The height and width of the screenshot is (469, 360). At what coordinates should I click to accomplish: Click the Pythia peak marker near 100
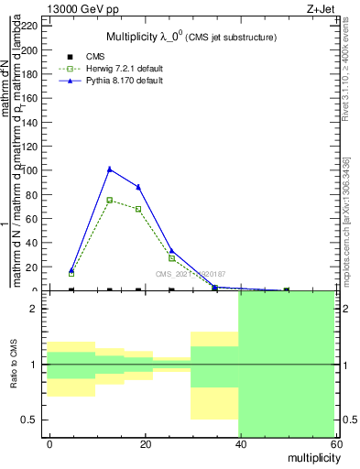110,169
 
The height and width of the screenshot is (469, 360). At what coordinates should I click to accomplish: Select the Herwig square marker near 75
110,200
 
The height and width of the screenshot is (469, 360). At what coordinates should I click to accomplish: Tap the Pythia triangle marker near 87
138,187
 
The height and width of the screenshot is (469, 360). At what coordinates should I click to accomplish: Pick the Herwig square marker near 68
138,209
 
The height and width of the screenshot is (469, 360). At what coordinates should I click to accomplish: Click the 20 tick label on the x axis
144,443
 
